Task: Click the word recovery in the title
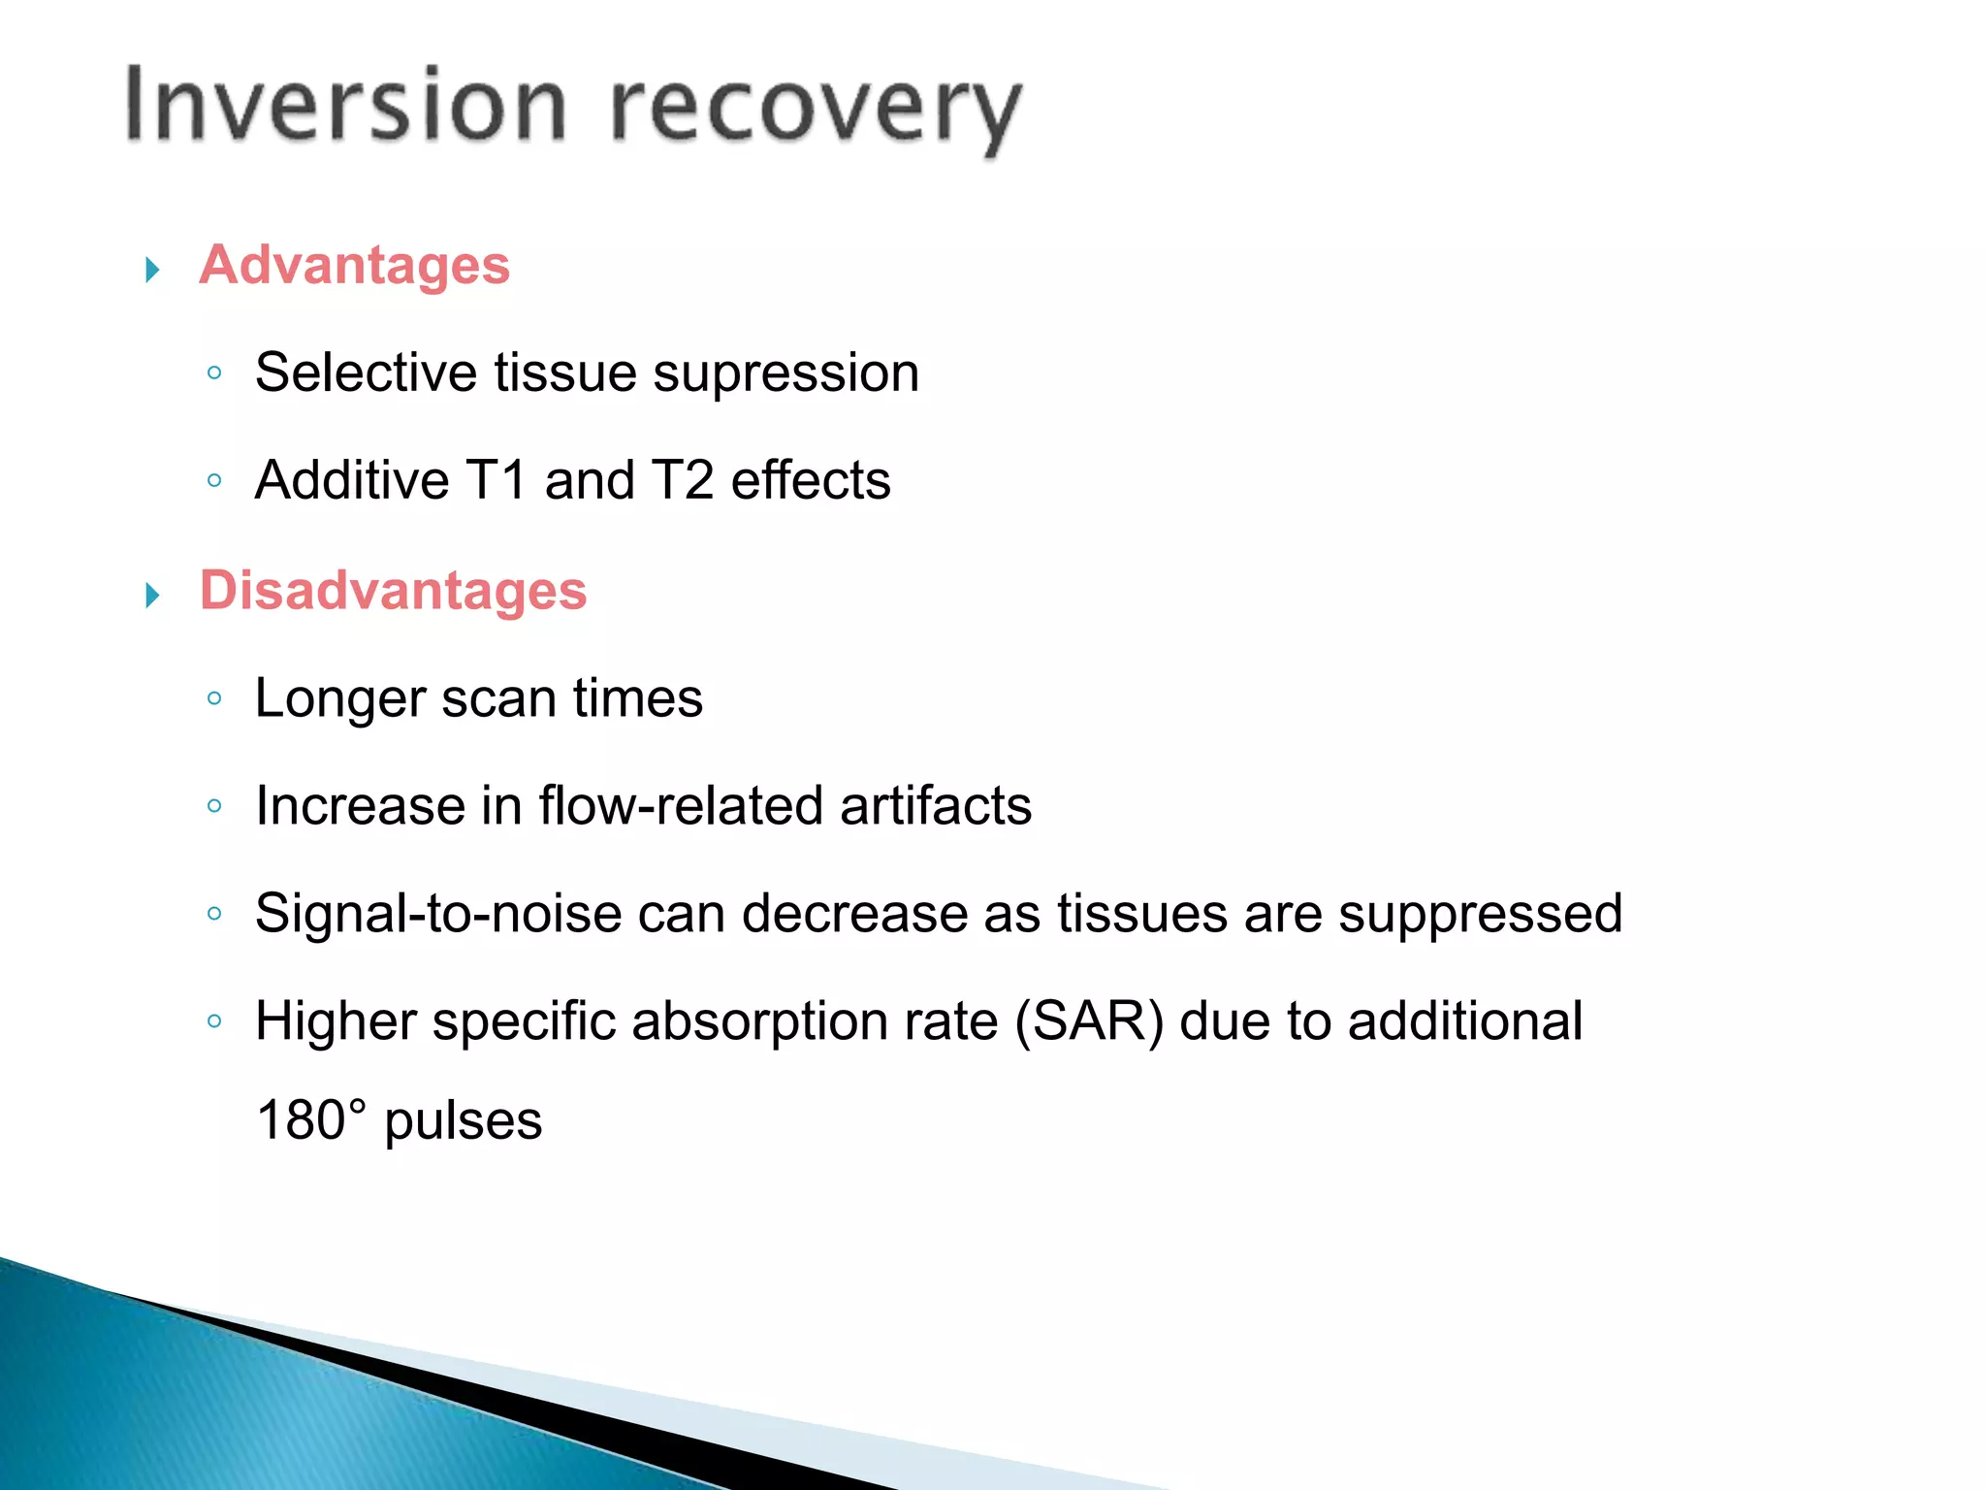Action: click(x=816, y=109)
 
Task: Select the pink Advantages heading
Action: click(x=354, y=265)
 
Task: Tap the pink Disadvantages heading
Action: click(x=393, y=590)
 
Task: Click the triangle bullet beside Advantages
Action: click(x=152, y=269)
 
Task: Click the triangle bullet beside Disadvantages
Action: click(x=152, y=595)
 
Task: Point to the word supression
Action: click(x=785, y=373)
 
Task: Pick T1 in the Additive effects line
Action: click(x=496, y=480)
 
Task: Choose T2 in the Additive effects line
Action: click(x=682, y=480)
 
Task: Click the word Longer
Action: click(x=339, y=699)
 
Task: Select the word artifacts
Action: click(x=935, y=806)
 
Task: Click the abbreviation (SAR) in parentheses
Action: click(x=1088, y=1021)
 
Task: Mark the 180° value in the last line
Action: click(x=311, y=1120)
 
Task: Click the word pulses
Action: click(x=463, y=1122)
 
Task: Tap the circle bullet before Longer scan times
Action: click(x=215, y=697)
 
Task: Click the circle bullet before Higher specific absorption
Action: click(x=215, y=1020)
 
